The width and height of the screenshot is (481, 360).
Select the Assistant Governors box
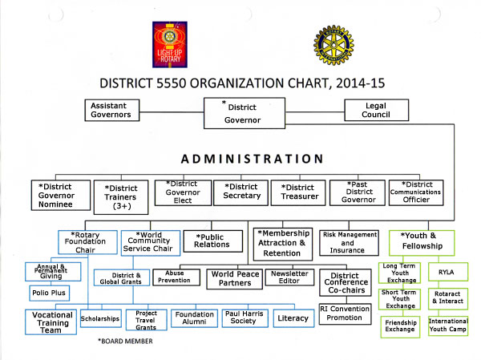click(x=115, y=110)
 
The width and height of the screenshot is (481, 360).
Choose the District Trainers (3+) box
click(x=120, y=197)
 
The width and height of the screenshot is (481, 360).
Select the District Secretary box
click(x=241, y=191)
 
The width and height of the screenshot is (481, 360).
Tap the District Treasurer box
click(x=298, y=191)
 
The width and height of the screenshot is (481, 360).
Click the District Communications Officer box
click(x=415, y=192)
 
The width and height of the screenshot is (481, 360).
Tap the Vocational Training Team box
click(x=52, y=322)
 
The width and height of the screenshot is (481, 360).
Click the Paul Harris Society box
click(x=244, y=318)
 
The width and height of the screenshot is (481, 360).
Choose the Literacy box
click(x=293, y=318)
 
